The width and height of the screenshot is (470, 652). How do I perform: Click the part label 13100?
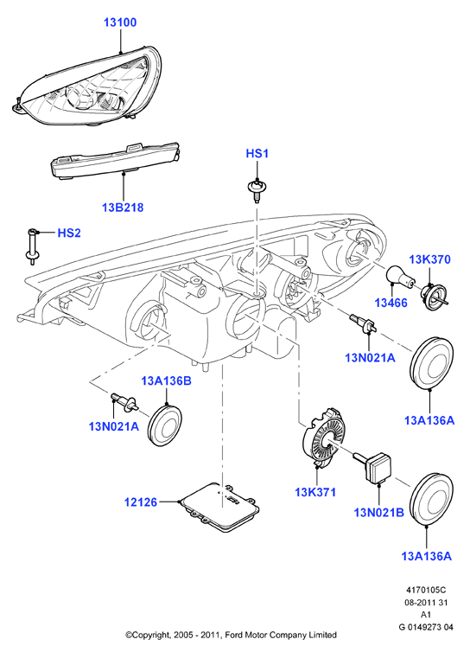(x=120, y=22)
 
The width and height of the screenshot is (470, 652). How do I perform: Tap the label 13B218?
(x=123, y=207)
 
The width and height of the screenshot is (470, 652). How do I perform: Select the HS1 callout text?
(x=257, y=153)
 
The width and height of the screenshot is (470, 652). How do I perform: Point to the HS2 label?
(x=69, y=233)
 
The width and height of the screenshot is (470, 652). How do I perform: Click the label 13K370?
(x=429, y=259)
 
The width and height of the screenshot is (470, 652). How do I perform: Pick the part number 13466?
(x=391, y=303)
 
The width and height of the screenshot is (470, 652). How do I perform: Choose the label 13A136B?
(x=166, y=380)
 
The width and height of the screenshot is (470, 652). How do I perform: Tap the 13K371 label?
(x=315, y=492)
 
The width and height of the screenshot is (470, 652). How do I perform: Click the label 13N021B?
(x=378, y=513)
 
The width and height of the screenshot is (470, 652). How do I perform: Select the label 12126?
(x=141, y=502)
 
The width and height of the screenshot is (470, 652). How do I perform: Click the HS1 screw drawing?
(x=257, y=189)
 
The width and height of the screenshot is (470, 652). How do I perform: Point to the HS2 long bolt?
(x=32, y=246)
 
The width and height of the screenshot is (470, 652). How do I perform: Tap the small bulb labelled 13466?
(x=400, y=278)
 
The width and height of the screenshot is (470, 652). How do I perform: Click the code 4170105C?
(x=426, y=590)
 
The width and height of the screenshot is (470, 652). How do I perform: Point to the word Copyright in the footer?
(x=150, y=636)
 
